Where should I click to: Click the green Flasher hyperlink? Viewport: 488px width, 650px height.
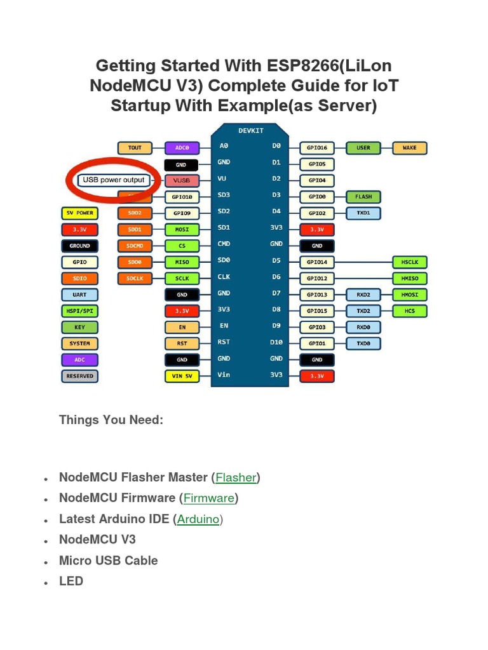tap(236, 477)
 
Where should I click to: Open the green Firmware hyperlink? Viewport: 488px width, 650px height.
tap(209, 498)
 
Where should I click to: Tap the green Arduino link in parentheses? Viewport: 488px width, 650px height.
tap(198, 519)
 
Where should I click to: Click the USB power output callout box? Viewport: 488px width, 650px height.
tap(114, 180)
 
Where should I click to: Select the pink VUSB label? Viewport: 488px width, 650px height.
tap(182, 180)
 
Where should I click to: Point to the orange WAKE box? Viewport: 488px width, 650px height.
tap(410, 148)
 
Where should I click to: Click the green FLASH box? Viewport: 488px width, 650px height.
tap(363, 197)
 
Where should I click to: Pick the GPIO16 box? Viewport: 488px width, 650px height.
tap(316, 148)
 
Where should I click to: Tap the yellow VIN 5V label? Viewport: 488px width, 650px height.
tap(182, 376)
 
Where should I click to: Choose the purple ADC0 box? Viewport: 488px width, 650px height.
tap(182, 148)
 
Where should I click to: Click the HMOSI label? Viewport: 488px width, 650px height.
tap(410, 295)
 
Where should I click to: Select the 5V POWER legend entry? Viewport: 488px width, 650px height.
tap(79, 213)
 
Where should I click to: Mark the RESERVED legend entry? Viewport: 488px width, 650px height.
tap(79, 376)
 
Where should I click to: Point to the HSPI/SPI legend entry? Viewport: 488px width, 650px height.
tap(79, 311)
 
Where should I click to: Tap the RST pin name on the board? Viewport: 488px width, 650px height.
tap(224, 342)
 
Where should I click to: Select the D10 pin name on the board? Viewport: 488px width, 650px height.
tap(276, 342)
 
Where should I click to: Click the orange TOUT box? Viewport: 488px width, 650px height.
tap(135, 148)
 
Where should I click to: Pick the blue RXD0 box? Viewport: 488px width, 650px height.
tap(363, 328)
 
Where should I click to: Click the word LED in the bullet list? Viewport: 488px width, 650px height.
tap(71, 581)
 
